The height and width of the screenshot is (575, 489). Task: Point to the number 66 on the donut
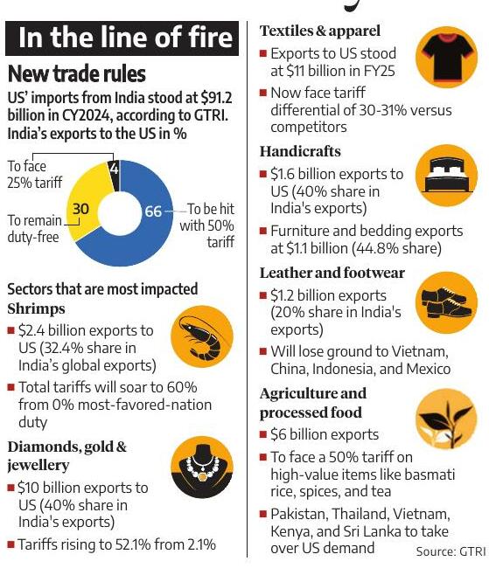(153, 211)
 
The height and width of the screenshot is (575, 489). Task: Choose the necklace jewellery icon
(202, 467)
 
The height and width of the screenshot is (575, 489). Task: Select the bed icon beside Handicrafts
(446, 176)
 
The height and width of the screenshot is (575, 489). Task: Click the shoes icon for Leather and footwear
(446, 302)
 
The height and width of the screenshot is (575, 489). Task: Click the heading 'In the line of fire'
(125, 38)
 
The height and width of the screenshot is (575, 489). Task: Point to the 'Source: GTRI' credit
(451, 551)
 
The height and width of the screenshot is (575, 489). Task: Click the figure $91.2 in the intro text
(216, 98)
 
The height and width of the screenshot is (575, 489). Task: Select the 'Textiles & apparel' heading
(320, 31)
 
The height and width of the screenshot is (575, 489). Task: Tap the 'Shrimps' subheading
(36, 308)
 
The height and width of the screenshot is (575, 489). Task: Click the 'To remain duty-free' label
(34, 228)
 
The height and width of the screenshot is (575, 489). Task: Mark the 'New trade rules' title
(77, 73)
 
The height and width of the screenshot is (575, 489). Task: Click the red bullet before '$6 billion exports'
(262, 434)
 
